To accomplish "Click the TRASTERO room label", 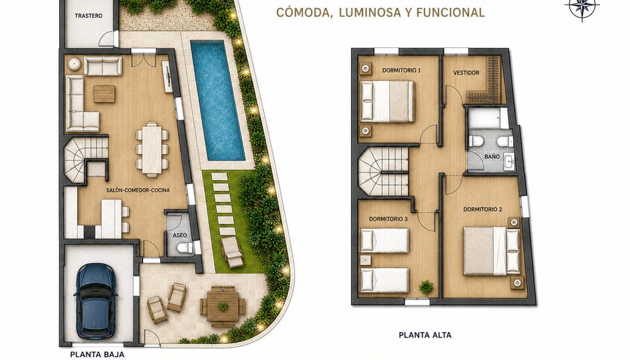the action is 88,16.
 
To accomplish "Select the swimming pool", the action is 218,100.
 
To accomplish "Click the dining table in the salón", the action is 152,149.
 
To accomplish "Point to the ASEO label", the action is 179,235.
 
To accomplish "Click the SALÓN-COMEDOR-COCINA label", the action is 138,190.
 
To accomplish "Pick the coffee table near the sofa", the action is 104,94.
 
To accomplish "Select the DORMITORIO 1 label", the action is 401,70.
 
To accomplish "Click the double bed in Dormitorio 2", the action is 491,251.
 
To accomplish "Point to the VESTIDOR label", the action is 466,72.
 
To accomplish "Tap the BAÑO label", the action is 492,156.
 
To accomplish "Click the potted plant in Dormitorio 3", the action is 426,288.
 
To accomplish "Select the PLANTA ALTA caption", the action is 425,335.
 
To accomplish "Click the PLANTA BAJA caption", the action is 97,355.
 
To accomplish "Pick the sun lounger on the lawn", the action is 232,252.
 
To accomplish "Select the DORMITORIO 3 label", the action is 388,219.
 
